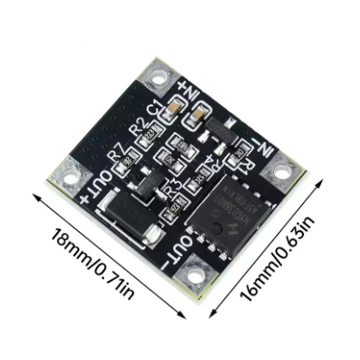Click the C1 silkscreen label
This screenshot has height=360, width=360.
tap(155, 110)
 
